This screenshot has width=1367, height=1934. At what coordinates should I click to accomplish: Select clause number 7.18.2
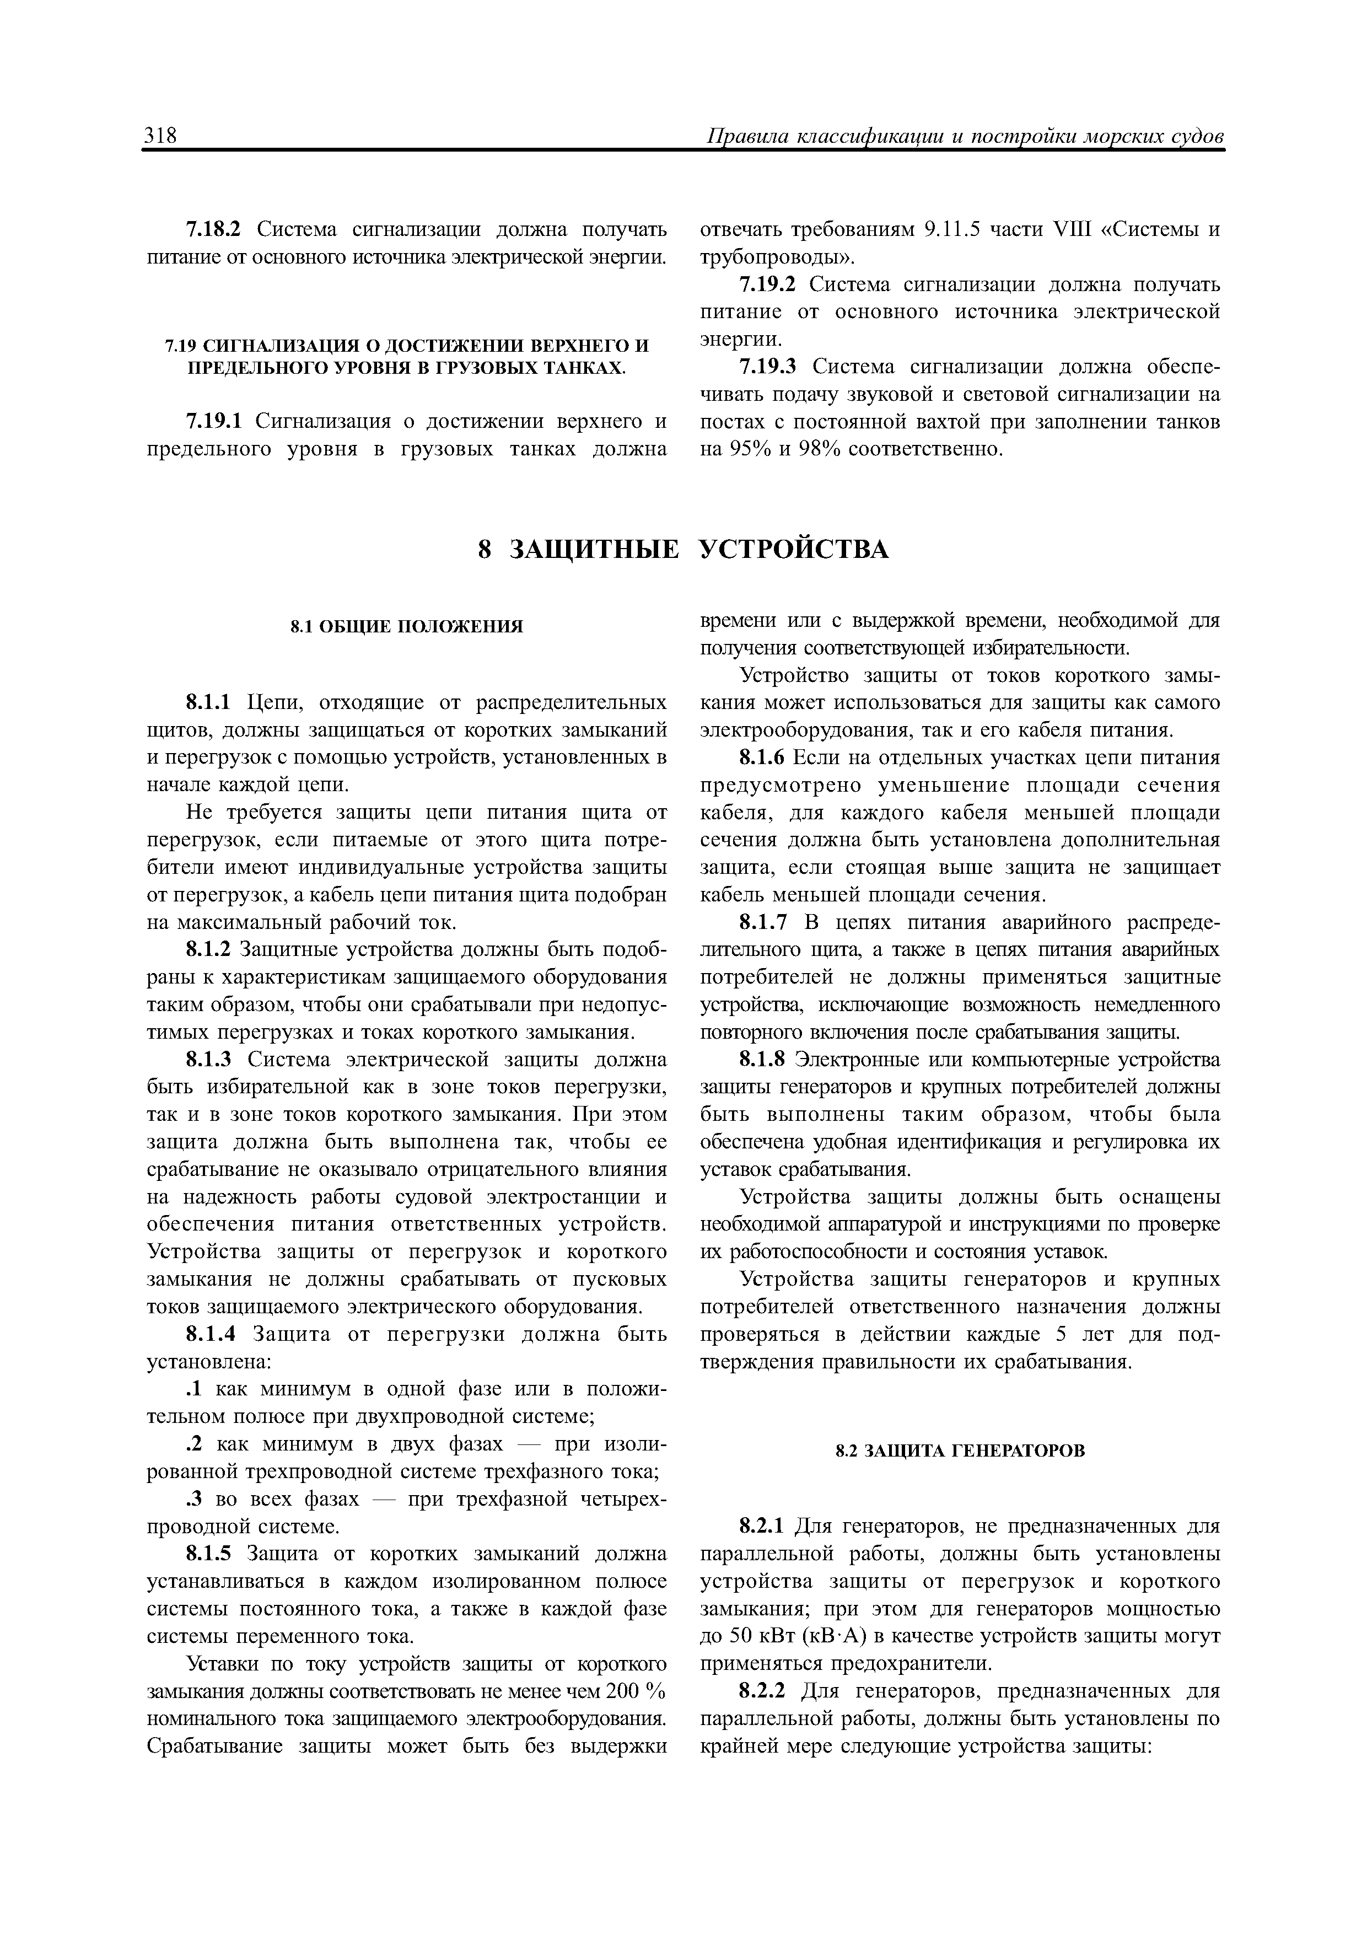(x=213, y=229)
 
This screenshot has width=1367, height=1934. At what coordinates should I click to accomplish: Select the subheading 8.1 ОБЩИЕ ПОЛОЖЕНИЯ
(x=407, y=627)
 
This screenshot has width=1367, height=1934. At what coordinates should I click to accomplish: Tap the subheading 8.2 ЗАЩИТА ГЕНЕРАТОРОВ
(x=960, y=1450)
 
